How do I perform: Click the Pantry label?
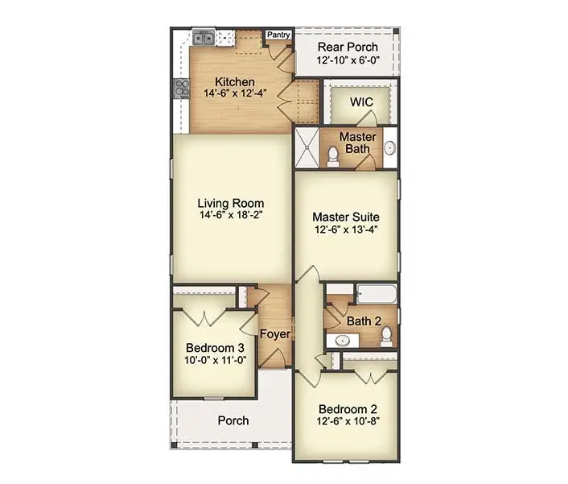coord(278,35)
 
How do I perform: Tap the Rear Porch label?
coord(347,47)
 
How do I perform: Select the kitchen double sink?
coord(203,37)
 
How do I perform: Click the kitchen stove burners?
coord(179,88)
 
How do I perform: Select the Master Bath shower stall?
coord(307,149)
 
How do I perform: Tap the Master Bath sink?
coord(389,147)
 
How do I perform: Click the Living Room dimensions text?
coord(232,215)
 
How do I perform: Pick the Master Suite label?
coord(346,217)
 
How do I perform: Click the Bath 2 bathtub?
coord(376,294)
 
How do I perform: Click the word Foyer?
coord(275,334)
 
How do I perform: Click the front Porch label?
coord(233,420)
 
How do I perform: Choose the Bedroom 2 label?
coord(346,407)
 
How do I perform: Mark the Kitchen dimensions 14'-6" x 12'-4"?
coord(235,93)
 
